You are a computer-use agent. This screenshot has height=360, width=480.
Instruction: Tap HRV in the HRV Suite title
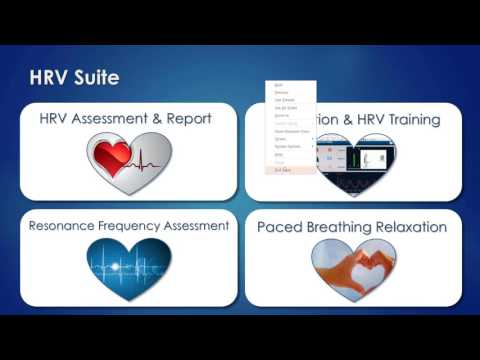(48, 77)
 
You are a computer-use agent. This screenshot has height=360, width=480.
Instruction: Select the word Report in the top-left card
(187, 119)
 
